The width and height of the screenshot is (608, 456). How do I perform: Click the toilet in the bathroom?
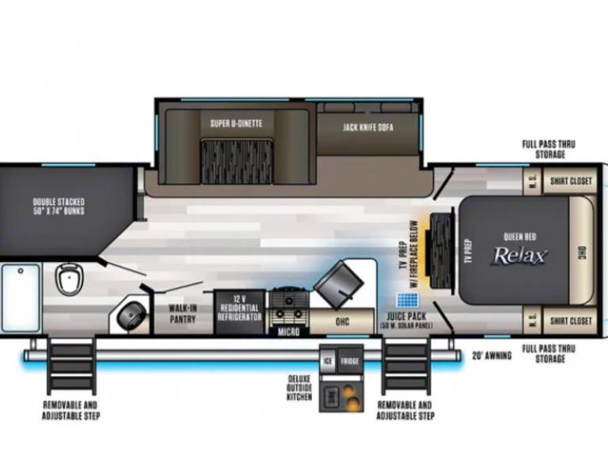click(68, 279)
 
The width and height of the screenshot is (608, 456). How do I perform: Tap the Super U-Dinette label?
click(236, 123)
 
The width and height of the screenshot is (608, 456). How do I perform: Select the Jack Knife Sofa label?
click(368, 127)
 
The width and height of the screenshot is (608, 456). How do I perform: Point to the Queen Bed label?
click(519, 235)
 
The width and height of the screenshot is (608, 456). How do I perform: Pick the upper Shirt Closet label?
click(572, 181)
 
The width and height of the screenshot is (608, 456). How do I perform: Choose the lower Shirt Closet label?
click(572, 321)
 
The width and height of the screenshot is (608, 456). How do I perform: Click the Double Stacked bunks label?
click(59, 207)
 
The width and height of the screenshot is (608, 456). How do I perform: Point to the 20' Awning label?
click(492, 355)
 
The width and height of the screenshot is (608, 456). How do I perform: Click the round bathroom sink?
click(131, 317)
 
